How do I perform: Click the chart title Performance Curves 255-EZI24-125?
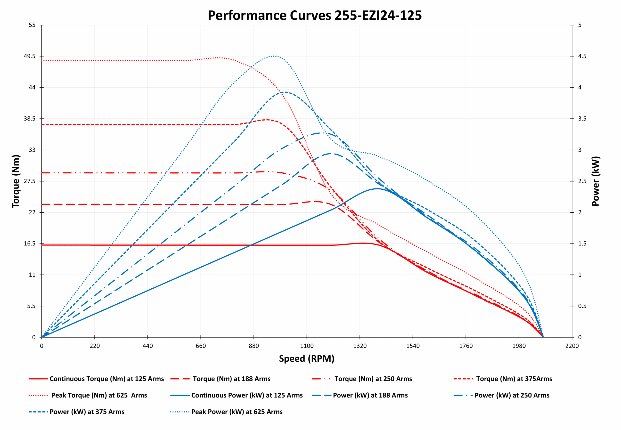tap(314, 15)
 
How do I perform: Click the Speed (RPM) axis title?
tap(307, 359)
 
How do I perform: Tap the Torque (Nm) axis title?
tap(16, 181)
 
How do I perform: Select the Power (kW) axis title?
tap(596, 181)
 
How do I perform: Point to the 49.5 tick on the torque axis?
tap(30, 56)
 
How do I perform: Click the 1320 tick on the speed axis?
tap(360, 346)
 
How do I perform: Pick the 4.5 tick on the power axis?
tap(582, 56)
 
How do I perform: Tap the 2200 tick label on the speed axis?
tap(572, 346)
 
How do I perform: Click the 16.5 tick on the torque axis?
tap(30, 243)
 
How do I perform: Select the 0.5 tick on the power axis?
tap(582, 306)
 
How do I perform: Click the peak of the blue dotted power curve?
tap(273, 56)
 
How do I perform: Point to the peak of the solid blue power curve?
tap(377, 189)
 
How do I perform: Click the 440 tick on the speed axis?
tap(148, 346)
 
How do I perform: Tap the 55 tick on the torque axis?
tap(32, 25)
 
